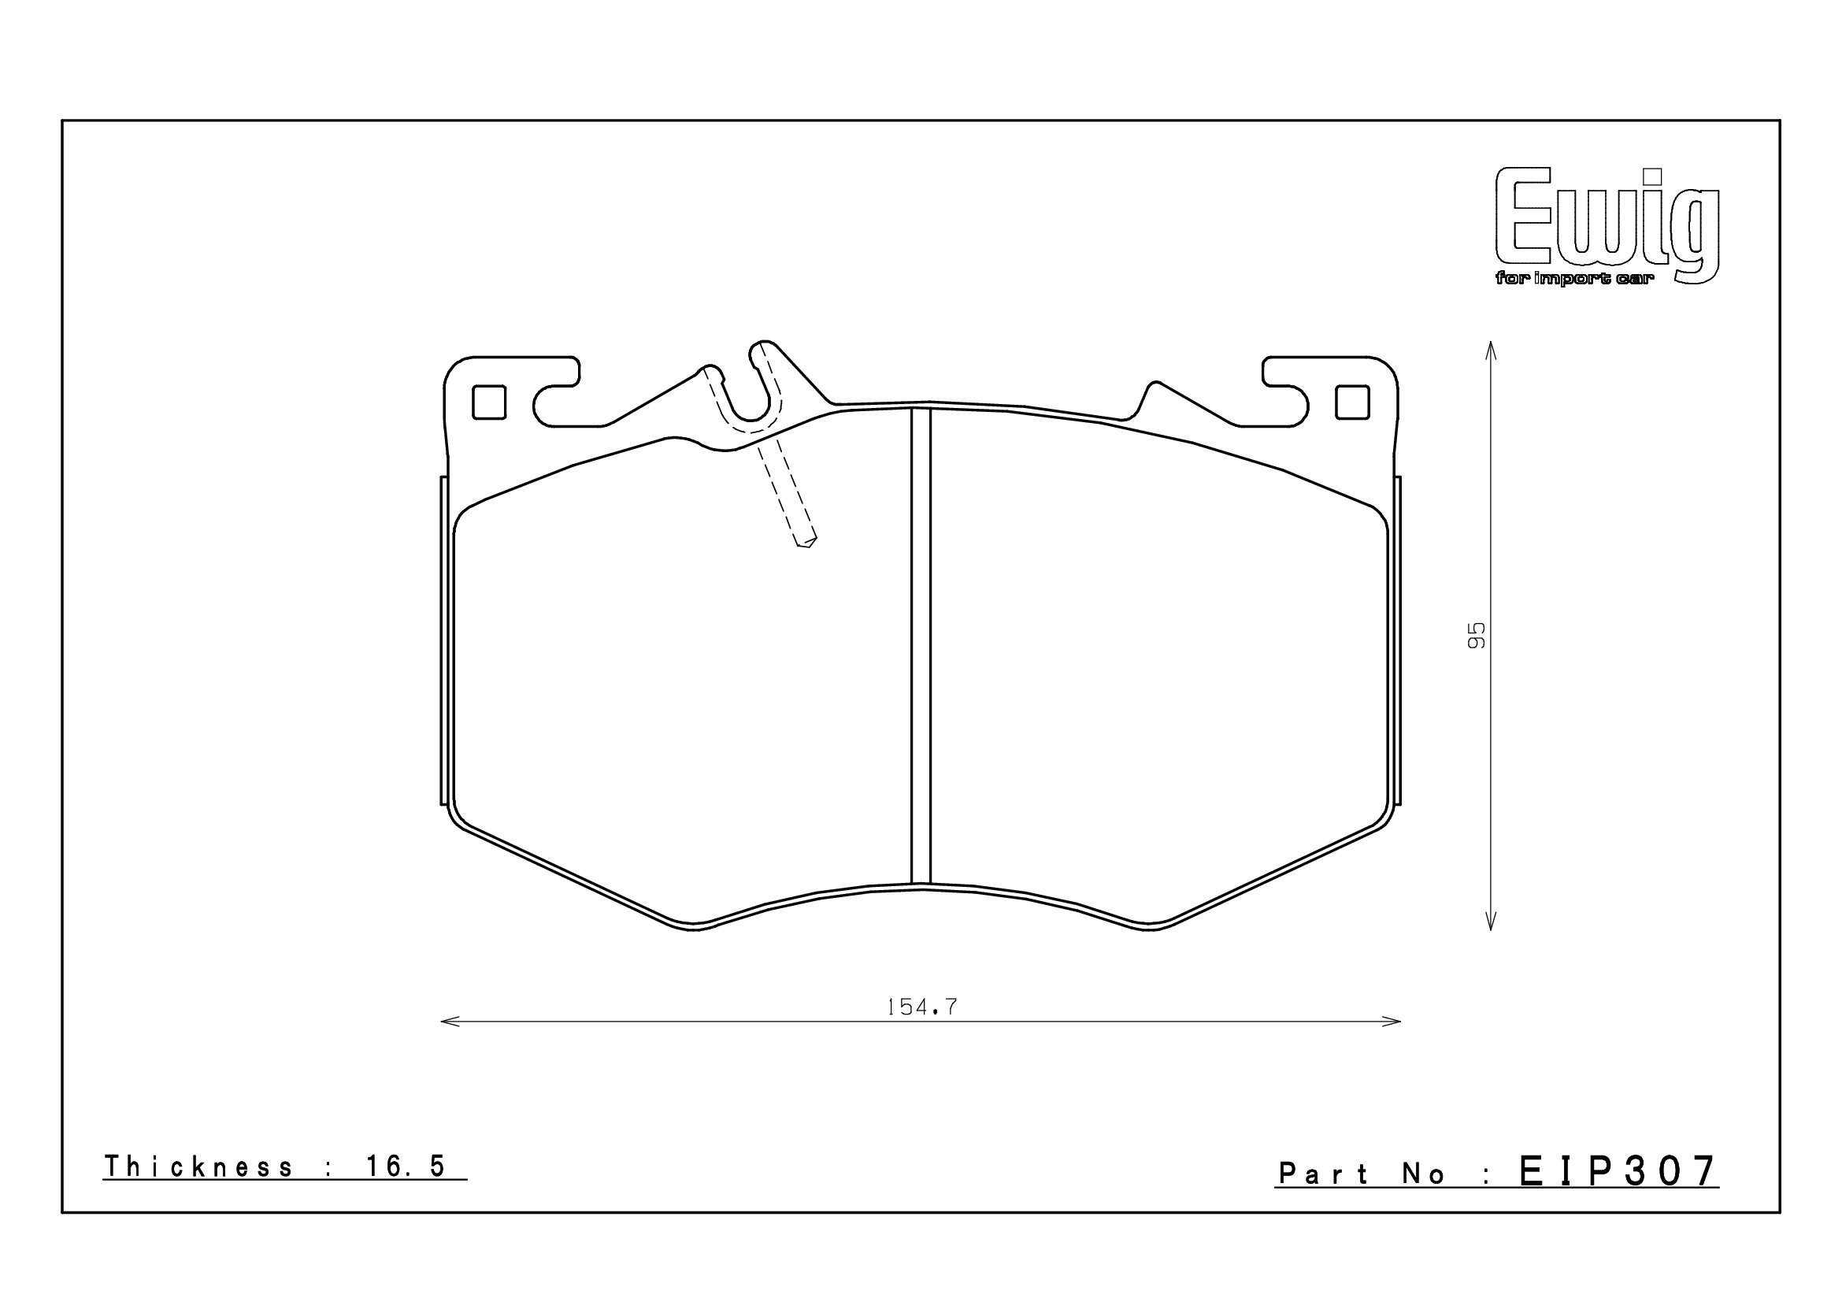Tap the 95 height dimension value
1476,636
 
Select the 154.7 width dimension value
922,1007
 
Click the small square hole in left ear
489,402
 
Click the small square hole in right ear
1352,402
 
